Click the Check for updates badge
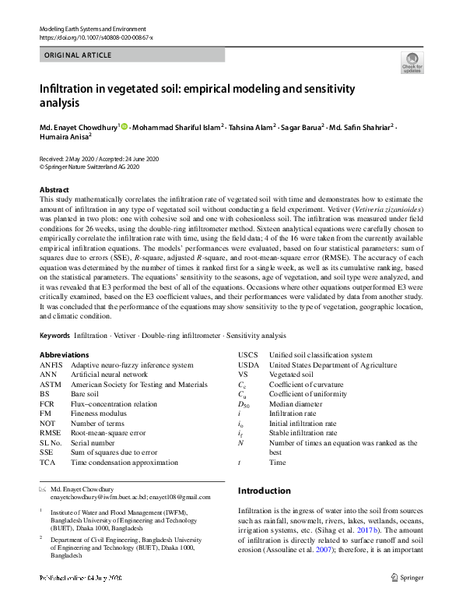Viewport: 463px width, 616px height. (411, 62)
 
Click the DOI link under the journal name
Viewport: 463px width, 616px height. (96, 37)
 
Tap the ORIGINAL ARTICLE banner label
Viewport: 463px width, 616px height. (79, 55)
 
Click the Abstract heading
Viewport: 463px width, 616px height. (54, 190)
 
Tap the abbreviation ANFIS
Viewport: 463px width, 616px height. (51, 364)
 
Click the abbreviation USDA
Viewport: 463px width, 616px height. (248, 364)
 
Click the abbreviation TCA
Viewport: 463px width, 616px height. (47, 462)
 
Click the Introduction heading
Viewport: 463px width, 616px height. (264, 491)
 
